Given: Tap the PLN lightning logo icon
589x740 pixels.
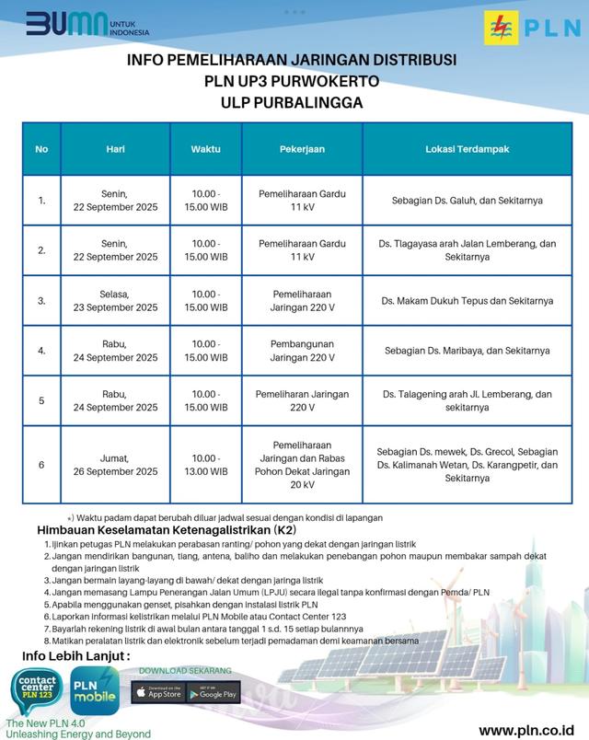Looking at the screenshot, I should click(x=502, y=28).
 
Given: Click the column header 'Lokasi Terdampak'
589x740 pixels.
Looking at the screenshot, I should click(x=468, y=149).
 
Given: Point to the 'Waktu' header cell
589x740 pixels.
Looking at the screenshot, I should click(x=205, y=149).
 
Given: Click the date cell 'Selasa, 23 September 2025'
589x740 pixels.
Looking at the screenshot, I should click(x=116, y=300).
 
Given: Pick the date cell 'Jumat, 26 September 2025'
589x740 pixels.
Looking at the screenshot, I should click(x=116, y=465).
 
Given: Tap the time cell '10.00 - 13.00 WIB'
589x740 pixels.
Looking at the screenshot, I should click(x=205, y=465).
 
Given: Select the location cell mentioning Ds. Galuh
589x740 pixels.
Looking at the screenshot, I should click(x=468, y=200).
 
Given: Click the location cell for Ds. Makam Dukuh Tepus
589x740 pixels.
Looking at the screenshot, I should click(x=468, y=300).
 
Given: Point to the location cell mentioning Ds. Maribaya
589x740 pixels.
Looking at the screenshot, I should click(x=468, y=351).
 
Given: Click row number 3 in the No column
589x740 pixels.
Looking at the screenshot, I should click(x=41, y=300).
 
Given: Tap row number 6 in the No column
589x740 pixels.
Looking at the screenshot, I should click(x=41, y=465).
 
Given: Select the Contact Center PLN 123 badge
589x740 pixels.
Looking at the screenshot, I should click(x=38, y=691).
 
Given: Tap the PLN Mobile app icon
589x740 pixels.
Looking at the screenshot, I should click(x=95, y=691).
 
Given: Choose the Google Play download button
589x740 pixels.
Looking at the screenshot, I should click(x=213, y=692).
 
